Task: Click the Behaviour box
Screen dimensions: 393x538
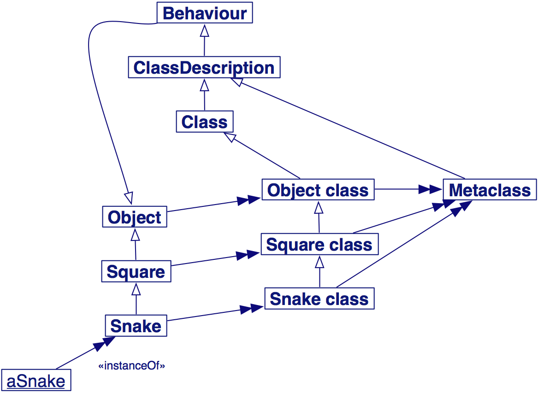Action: [205, 13]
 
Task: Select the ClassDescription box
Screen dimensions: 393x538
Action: [204, 68]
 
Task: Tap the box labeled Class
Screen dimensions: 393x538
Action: [204, 122]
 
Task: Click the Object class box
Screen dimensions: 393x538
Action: [318, 190]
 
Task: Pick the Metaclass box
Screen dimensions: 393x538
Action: [490, 190]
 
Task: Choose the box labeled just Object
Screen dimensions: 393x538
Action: [134, 217]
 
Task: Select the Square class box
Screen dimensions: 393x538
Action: [319, 244]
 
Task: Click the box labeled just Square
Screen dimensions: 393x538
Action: [136, 272]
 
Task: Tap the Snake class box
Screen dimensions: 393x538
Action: [319, 299]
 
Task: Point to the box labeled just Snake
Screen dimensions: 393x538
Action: [136, 326]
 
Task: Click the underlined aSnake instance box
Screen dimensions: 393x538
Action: [36, 381]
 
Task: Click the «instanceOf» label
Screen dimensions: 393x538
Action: [131, 366]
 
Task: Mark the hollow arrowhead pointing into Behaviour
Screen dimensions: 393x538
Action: [204, 30]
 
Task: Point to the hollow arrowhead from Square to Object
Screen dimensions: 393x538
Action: [135, 235]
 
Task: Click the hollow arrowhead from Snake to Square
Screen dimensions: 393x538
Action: [136, 289]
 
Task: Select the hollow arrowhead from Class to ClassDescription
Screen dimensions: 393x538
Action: [204, 85]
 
